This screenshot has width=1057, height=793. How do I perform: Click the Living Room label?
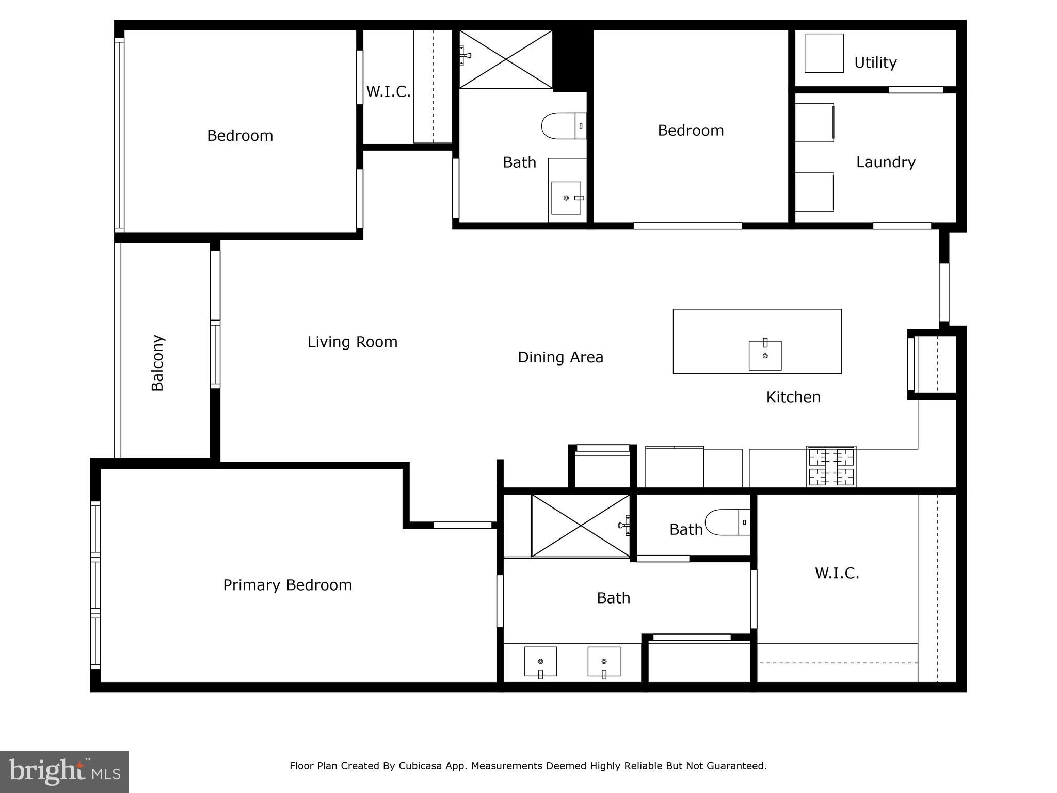(x=353, y=342)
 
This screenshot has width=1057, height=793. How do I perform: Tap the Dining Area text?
(x=560, y=357)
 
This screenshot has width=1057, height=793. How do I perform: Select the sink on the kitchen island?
(x=765, y=355)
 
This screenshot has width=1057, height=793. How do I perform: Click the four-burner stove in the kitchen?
(x=831, y=467)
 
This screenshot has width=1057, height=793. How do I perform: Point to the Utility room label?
(x=875, y=62)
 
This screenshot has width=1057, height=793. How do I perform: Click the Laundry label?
(x=886, y=162)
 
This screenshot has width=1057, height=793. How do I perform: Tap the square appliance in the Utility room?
(x=824, y=53)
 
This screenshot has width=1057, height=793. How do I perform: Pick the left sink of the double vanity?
(x=540, y=661)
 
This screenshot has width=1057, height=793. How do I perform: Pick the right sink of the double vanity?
(x=604, y=661)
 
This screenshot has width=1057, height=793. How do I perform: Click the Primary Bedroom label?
(x=287, y=585)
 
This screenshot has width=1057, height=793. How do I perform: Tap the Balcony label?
(x=157, y=363)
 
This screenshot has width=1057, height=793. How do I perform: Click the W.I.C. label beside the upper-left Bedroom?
(x=388, y=92)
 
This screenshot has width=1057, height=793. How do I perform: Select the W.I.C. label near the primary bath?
(x=837, y=573)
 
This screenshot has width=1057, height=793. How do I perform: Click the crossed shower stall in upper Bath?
(x=505, y=59)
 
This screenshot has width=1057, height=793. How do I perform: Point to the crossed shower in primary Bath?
(x=580, y=526)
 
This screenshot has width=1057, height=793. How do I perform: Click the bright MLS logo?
(x=65, y=771)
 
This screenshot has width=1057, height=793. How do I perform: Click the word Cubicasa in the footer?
(x=420, y=766)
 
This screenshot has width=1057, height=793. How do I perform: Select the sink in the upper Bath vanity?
(x=566, y=198)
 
